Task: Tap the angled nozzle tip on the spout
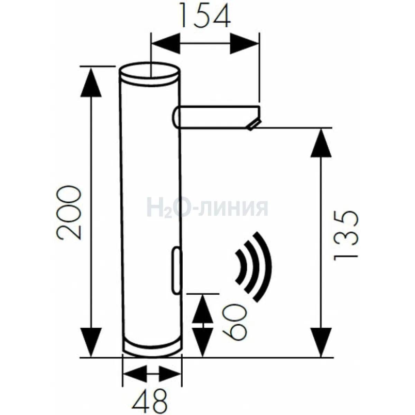click(x=254, y=125)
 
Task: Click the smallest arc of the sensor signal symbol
click(x=242, y=267)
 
